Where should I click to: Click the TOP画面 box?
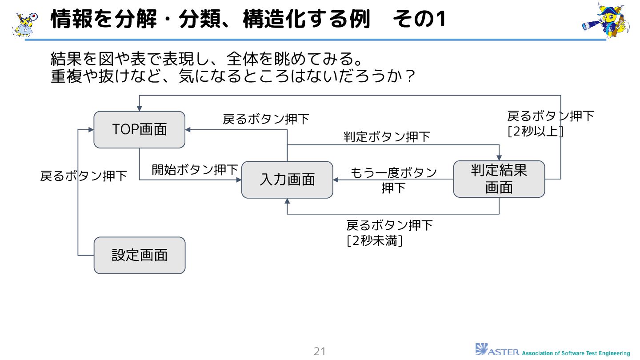click(139, 129)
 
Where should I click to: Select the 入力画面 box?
click(287, 180)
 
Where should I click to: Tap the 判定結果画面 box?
click(499, 179)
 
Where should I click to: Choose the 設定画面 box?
click(139, 255)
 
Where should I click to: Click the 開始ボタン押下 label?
click(195, 170)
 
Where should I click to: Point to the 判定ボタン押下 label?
click(387, 137)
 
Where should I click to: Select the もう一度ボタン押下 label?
click(394, 180)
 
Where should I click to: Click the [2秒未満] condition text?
click(374, 241)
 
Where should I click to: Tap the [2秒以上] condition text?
click(536, 132)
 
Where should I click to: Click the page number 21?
click(320, 351)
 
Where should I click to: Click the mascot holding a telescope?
click(605, 20)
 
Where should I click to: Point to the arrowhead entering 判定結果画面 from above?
click(499, 158)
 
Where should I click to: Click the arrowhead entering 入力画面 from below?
click(287, 201)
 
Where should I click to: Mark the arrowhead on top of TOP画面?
click(139, 108)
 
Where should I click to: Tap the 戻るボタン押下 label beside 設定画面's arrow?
click(84, 176)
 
